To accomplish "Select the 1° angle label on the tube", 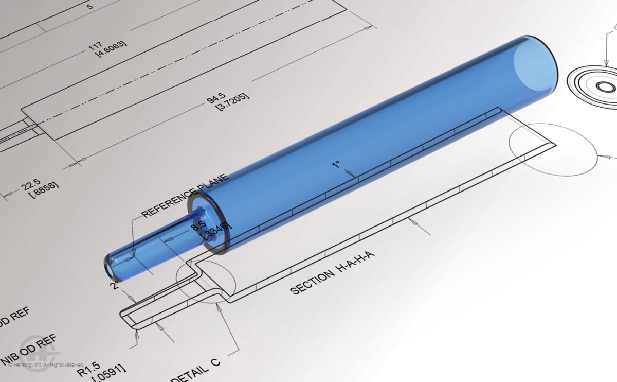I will [335, 165].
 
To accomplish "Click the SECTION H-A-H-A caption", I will [331, 275].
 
